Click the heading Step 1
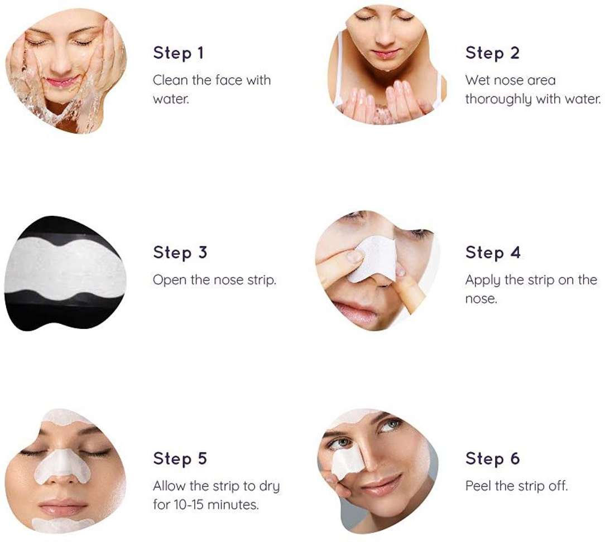click(178, 53)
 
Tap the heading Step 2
click(492, 53)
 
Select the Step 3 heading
click(180, 252)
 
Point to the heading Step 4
click(493, 252)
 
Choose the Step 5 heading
click(180, 458)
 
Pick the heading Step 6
click(492, 458)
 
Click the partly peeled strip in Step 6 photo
click(347, 462)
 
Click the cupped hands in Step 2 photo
click(386, 100)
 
